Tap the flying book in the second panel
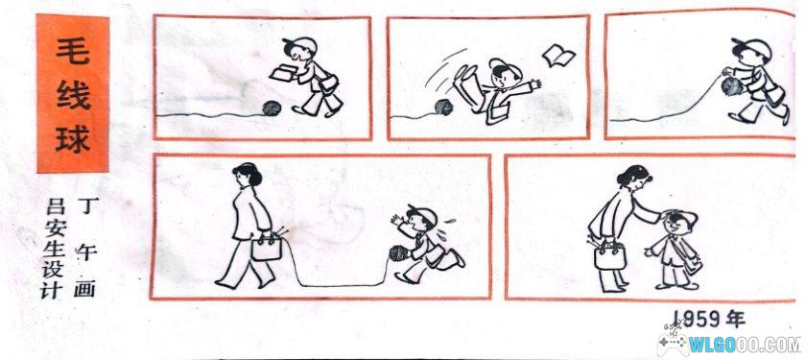click(557, 56)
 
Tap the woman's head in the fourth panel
click(244, 177)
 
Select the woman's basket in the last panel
click(610, 256)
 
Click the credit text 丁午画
click(94, 248)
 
